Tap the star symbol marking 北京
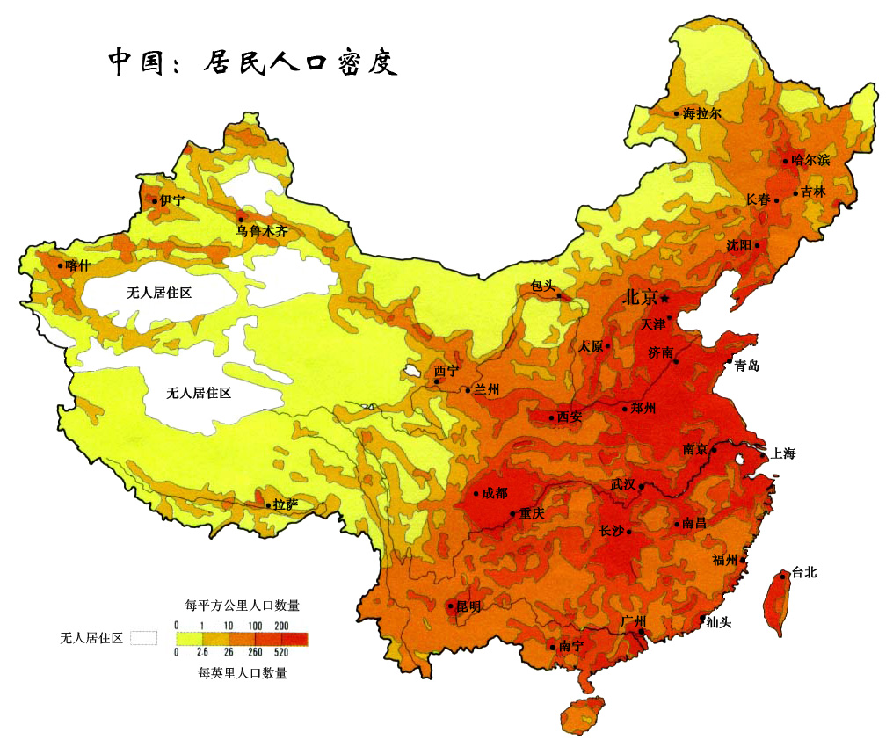(x=665, y=298)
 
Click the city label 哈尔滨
(x=810, y=160)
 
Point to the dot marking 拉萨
(x=268, y=504)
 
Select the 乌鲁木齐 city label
(x=261, y=232)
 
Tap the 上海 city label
(x=782, y=453)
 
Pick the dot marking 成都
(x=476, y=493)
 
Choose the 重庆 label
(x=532, y=513)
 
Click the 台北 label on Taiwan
(x=803, y=572)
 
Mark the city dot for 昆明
(x=451, y=606)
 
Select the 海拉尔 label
(x=702, y=113)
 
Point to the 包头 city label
(x=543, y=286)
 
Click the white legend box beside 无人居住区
(x=143, y=638)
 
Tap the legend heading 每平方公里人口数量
(x=243, y=605)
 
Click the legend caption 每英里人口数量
(x=243, y=673)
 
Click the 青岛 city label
(x=746, y=366)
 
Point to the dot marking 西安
(x=552, y=417)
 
